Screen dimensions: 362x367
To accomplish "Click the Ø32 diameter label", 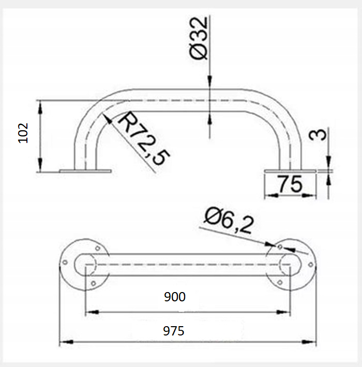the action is [199, 38].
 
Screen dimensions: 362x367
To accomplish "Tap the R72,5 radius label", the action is [144, 139].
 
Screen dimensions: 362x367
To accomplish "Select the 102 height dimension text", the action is [23, 133].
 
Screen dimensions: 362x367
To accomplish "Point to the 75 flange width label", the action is [290, 184].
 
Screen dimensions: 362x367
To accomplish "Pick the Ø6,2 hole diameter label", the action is [229, 221].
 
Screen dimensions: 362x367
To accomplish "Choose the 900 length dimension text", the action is [175, 297].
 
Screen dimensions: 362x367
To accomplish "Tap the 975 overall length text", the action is [174, 331].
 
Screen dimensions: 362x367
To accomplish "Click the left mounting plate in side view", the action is [85, 171].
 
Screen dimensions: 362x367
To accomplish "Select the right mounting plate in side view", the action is [290, 171].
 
